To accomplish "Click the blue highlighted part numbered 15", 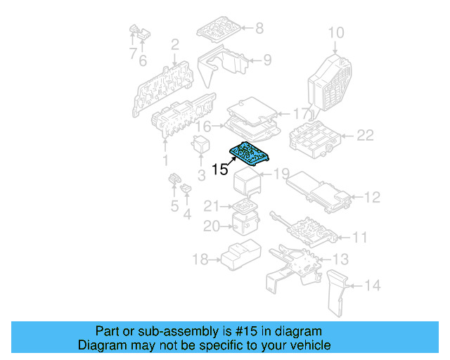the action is point(249,153).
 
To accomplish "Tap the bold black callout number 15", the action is point(220,169).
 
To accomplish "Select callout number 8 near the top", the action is point(259,28).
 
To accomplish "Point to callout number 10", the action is point(336,33).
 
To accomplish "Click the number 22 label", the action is point(365,135).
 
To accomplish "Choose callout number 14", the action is point(373,285).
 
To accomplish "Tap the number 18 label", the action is point(200,259).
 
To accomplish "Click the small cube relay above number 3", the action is point(200,144).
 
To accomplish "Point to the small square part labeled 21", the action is point(245,205).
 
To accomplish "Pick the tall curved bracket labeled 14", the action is point(337,292).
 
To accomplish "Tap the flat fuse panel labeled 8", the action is point(219,30).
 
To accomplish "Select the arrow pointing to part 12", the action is point(357,197).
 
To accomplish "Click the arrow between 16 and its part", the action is point(218,126).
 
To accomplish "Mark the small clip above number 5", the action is point(174,178).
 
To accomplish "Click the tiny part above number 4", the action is point(186,188).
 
